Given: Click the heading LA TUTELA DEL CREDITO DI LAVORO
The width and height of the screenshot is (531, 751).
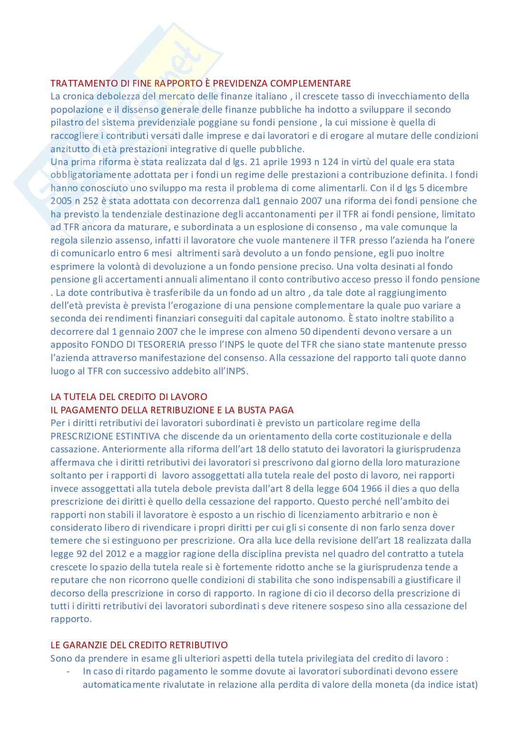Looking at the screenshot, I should (129, 397).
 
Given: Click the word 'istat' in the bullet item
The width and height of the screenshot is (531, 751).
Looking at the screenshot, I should (465, 685).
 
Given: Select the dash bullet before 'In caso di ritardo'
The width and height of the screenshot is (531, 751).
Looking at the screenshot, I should (69, 672).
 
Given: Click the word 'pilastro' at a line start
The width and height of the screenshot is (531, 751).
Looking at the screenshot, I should (66, 123).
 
